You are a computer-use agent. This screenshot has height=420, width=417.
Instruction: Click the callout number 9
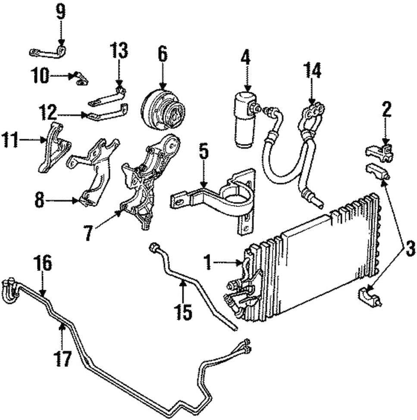pyautogui.click(x=61, y=12)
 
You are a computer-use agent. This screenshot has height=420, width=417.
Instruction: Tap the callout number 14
pyautogui.click(x=312, y=71)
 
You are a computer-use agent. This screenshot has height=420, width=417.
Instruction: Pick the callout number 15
pyautogui.click(x=184, y=312)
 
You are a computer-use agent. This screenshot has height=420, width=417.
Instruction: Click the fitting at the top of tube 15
pyautogui.click(x=154, y=248)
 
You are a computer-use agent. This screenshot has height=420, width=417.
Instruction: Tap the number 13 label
pyautogui.click(x=119, y=51)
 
